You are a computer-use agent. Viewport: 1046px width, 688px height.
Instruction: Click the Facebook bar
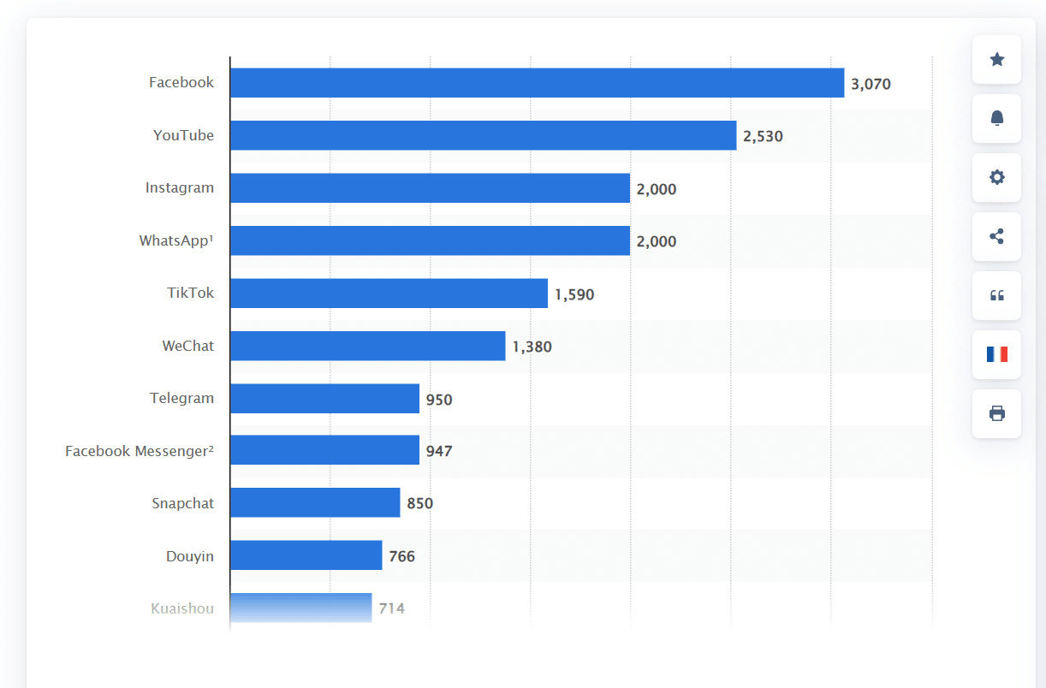tap(537, 83)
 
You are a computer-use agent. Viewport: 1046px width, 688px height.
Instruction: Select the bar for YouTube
tap(483, 135)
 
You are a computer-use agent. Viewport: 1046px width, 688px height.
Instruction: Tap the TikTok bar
tap(389, 293)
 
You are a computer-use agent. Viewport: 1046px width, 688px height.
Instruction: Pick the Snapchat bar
tap(315, 503)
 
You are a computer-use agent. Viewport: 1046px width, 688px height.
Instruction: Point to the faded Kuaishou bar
tap(300, 608)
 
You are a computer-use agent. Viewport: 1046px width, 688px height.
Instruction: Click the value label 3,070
tap(871, 84)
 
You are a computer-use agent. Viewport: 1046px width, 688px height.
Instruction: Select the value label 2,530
tap(763, 136)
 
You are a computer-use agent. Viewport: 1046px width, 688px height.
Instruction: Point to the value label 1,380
tap(532, 347)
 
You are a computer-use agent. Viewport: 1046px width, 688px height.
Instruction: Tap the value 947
tap(439, 451)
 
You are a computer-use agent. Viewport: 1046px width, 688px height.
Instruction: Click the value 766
tap(401, 556)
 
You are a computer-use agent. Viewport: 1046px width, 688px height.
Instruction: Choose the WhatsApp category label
tap(176, 240)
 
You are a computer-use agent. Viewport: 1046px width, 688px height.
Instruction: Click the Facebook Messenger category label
tap(140, 451)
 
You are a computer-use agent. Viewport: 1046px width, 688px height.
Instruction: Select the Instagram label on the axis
tap(180, 187)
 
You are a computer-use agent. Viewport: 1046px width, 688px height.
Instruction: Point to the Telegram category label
tap(181, 398)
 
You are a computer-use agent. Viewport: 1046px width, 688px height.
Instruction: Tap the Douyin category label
tap(190, 556)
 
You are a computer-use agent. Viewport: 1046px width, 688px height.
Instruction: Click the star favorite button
tap(996, 59)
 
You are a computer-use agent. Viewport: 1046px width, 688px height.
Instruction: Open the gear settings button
tap(996, 177)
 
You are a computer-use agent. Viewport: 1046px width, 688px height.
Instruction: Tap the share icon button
tap(996, 236)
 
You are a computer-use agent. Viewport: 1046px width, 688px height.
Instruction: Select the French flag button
tap(996, 354)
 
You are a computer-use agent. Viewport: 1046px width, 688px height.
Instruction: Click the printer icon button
tap(996, 413)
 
